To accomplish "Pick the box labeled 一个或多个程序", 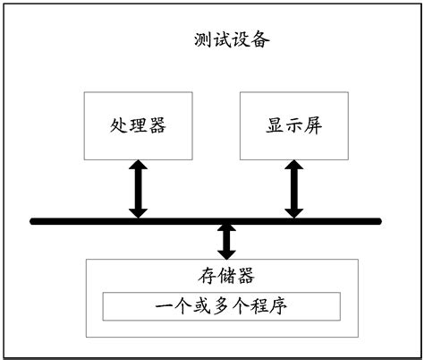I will [x=222, y=305].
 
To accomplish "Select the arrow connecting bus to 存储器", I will [x=226, y=240].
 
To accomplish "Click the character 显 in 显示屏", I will [x=275, y=125].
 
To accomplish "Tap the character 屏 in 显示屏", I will [x=313, y=125].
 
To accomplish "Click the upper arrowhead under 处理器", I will [x=137, y=166].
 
